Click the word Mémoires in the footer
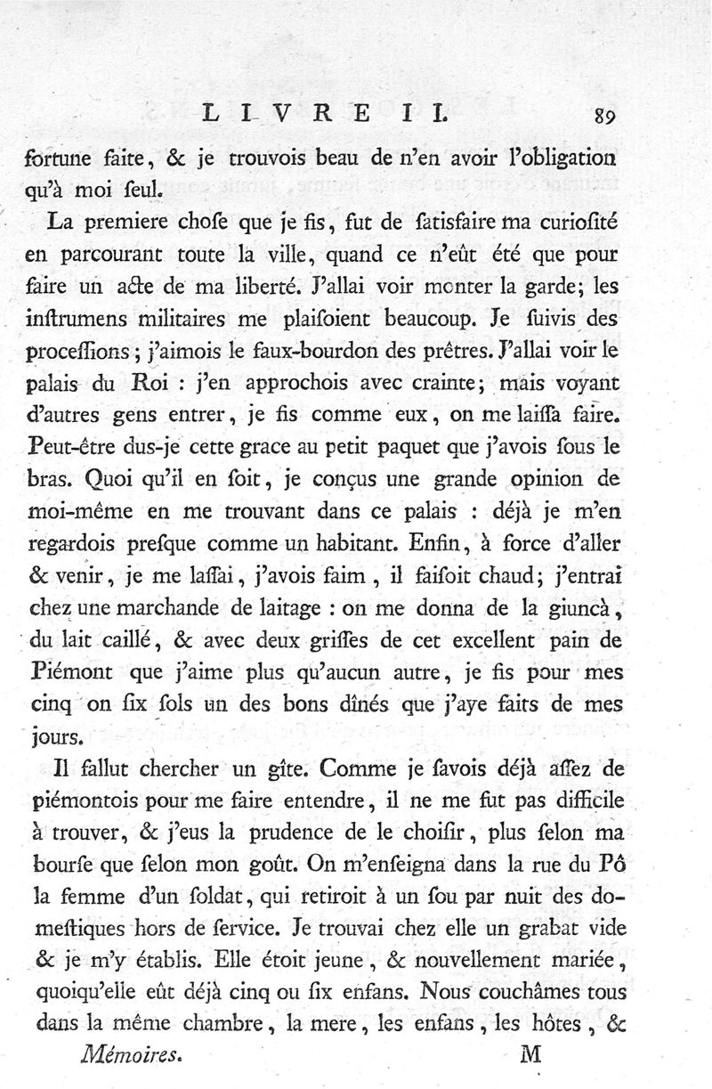pyautogui.click(x=131, y=1055)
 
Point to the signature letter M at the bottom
pyautogui.click(x=530, y=1055)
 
